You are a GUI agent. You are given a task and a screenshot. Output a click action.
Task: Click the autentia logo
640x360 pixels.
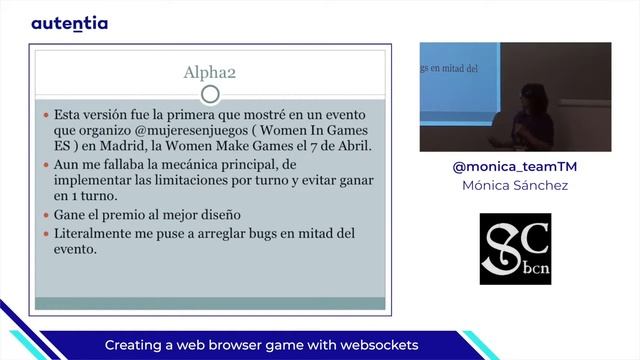click(x=69, y=23)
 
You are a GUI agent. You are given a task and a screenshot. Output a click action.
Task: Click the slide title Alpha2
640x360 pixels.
click(x=209, y=72)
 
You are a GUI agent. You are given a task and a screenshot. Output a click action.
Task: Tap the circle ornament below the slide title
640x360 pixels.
click(x=209, y=95)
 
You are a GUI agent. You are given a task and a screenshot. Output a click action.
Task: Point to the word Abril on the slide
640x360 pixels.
click(x=350, y=146)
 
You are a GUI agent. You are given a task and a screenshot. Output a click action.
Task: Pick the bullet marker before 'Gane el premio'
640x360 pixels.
click(x=45, y=215)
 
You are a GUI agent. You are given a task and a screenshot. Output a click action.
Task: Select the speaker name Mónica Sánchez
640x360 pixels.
click(x=515, y=186)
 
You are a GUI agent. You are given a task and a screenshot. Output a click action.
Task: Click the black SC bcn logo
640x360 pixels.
click(x=515, y=248)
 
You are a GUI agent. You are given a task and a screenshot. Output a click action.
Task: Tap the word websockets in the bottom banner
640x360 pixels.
click(x=374, y=345)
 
